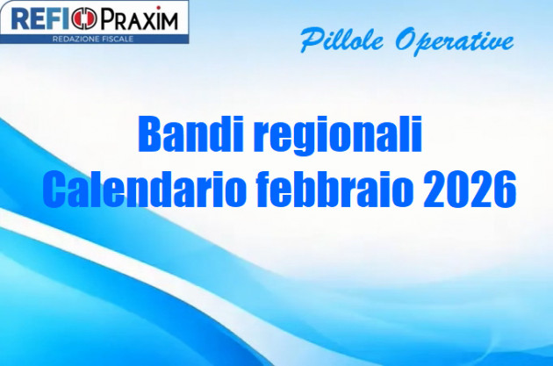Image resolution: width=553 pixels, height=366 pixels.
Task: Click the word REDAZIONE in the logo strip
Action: [x=72, y=39]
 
